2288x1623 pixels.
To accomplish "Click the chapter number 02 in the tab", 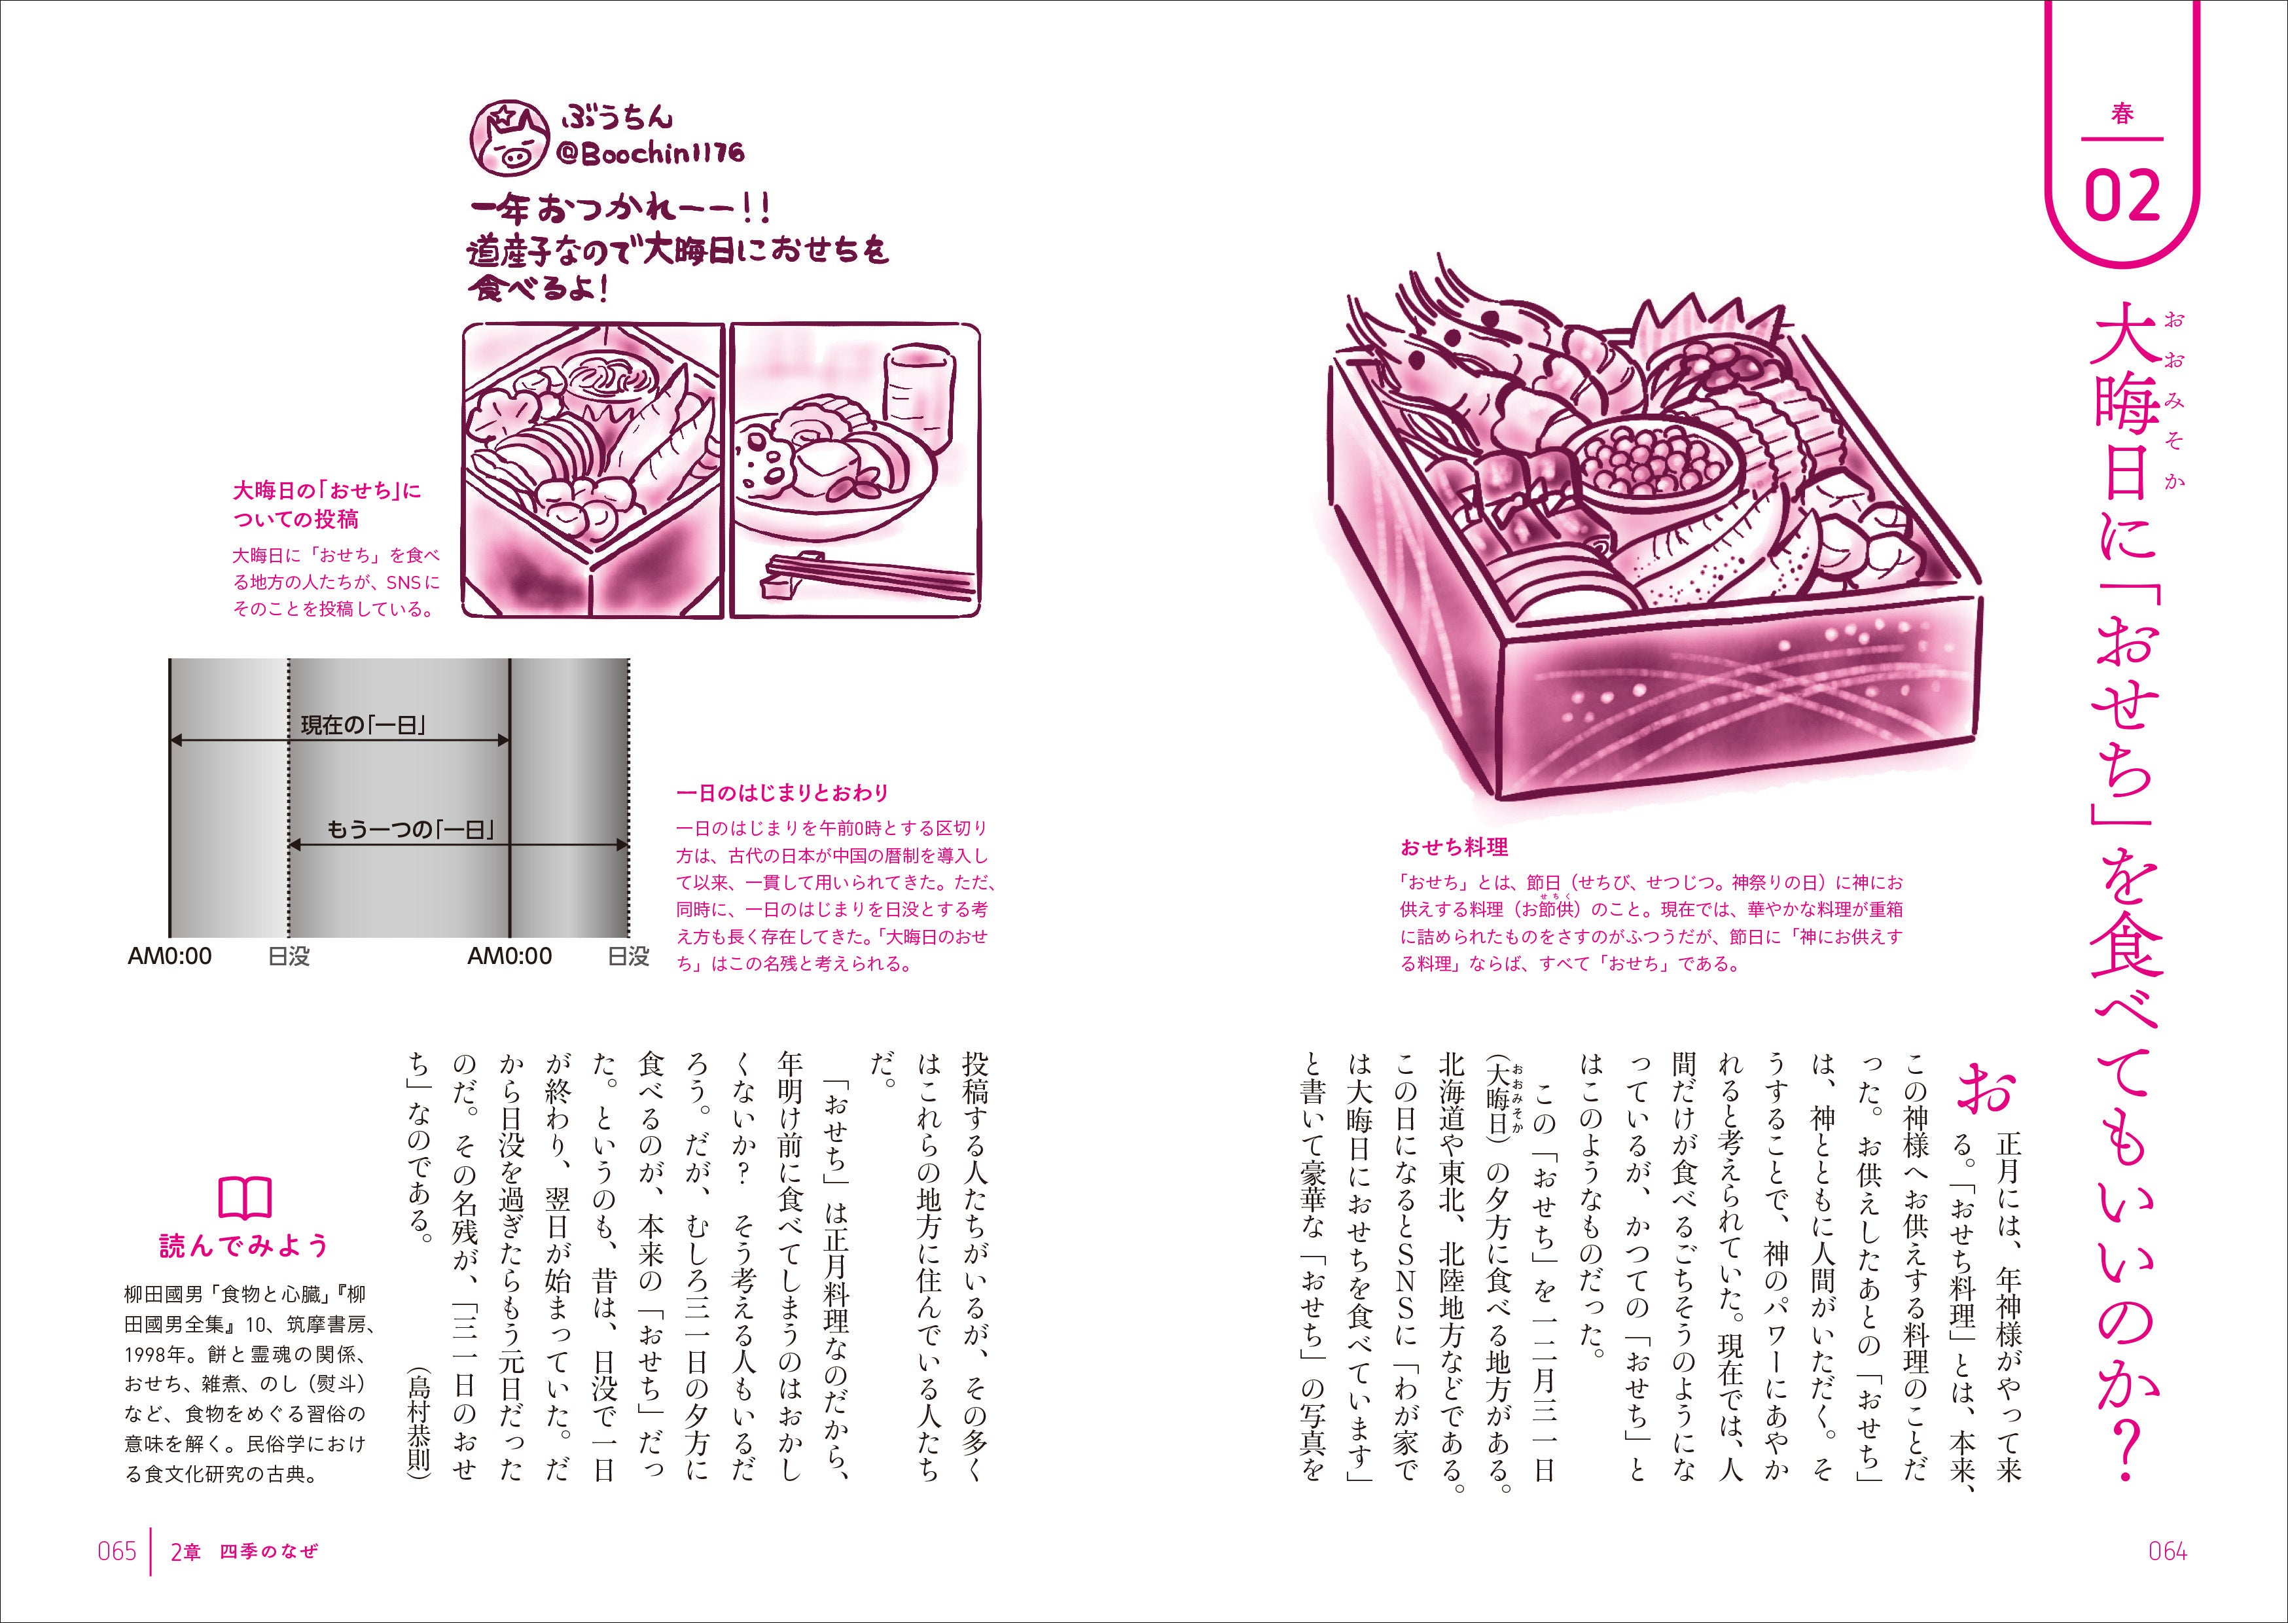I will point(2122,198).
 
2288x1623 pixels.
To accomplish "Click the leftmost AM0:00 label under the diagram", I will point(170,956).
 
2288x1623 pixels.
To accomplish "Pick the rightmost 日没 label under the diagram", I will point(628,956).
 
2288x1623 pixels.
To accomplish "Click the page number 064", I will point(2167,1551).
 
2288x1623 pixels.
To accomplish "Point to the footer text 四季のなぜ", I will point(269,1551).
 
